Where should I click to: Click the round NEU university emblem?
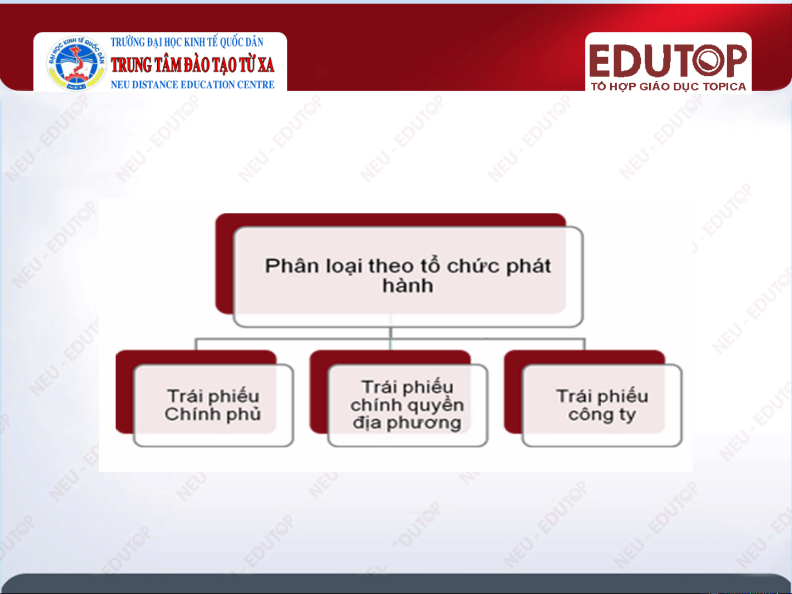76,63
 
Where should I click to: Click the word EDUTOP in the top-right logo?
668,60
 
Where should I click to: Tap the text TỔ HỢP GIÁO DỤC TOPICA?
668,87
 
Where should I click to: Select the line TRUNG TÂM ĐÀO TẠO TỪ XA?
193,65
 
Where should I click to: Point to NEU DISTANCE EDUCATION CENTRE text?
193,85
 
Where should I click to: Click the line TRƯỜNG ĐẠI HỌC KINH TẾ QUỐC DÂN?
187,42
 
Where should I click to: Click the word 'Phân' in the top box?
292,266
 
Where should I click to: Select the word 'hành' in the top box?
408,286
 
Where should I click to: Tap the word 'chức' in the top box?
474,266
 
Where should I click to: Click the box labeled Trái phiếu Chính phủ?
213,405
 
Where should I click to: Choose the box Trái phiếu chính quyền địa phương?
408,405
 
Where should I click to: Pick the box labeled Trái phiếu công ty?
602,405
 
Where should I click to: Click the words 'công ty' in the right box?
602,415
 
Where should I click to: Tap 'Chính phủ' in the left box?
213,414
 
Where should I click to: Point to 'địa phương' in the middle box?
407,423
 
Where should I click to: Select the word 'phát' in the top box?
529,266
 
